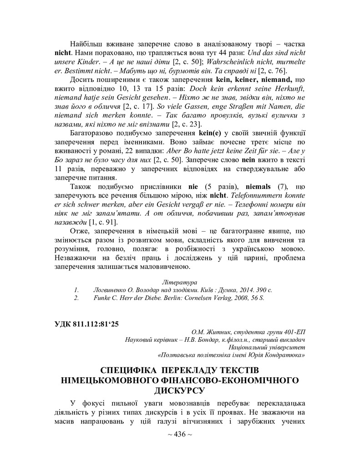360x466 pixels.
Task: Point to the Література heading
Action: (x=180, y=282)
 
